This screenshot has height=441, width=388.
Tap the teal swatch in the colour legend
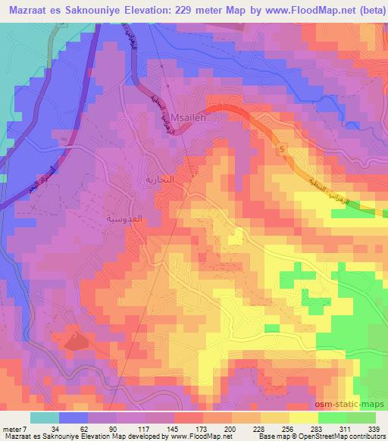[x=45, y=418]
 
